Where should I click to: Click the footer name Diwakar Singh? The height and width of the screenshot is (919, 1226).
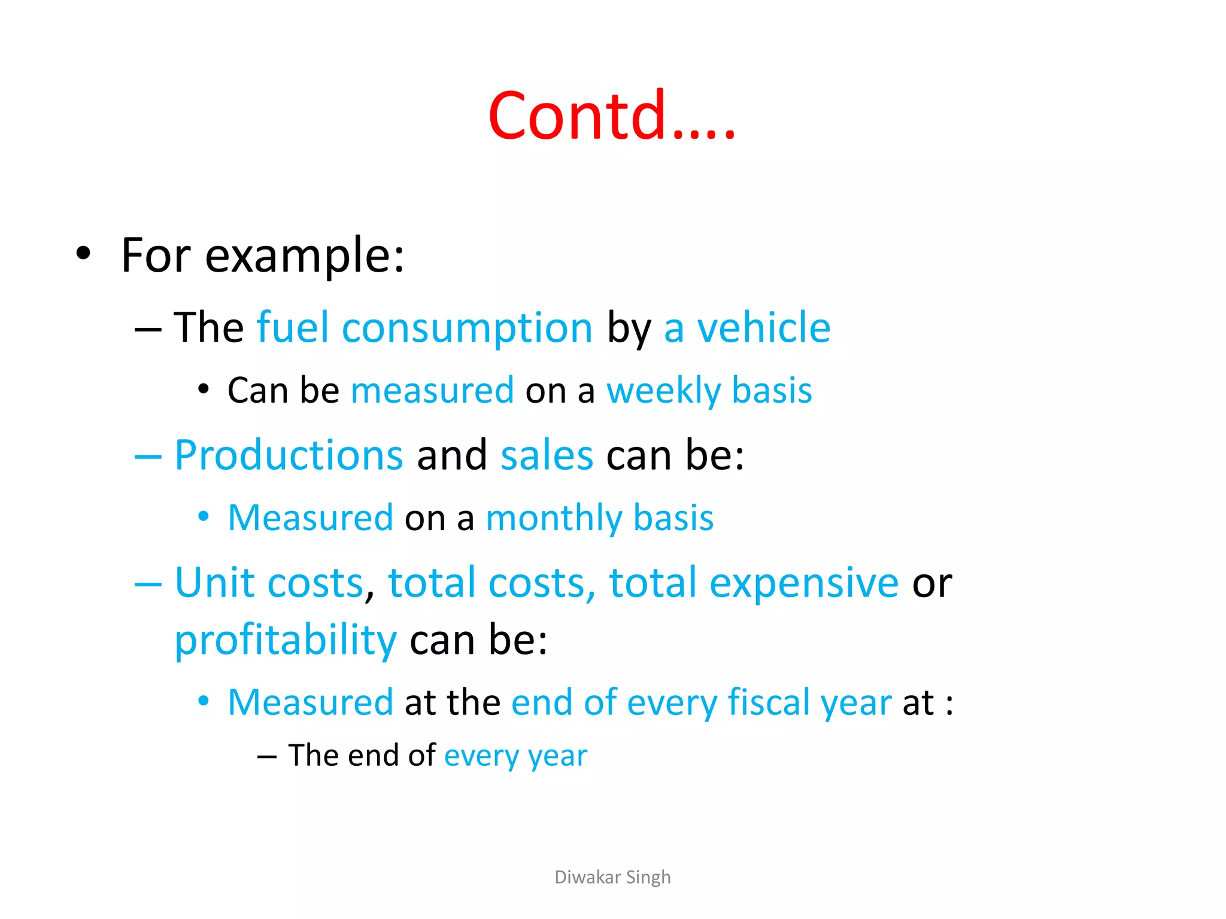tap(612, 877)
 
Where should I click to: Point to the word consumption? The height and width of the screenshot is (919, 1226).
tap(467, 329)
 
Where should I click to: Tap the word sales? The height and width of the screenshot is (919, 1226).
tap(547, 455)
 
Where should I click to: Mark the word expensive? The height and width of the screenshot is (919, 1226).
tap(803, 583)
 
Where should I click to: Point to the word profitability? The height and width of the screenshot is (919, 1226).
tap(286, 641)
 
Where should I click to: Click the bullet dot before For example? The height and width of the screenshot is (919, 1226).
tap(83, 253)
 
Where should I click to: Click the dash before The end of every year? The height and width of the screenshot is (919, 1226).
tap(266, 757)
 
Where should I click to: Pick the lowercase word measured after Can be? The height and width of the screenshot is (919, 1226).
tap(432, 391)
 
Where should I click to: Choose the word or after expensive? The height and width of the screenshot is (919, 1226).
tap(931, 583)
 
